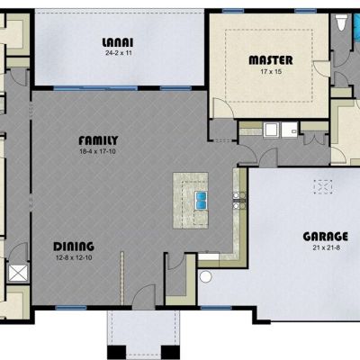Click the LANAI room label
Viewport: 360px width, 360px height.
tap(118, 42)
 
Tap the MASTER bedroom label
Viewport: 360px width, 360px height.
tap(271, 60)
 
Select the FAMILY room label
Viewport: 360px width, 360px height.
tap(98, 140)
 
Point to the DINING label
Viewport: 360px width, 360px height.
tap(74, 247)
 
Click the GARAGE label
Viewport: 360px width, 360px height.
tap(326, 237)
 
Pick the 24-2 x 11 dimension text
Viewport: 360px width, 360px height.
tap(119, 53)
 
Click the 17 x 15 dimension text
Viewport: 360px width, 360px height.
tap(271, 72)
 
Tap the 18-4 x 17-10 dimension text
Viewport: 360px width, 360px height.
tap(97, 151)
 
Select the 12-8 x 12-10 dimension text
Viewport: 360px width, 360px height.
tap(74, 257)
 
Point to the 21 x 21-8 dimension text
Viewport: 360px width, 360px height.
tap(326, 248)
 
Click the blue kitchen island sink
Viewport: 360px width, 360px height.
tap(201, 201)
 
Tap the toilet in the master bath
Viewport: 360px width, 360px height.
tap(341, 22)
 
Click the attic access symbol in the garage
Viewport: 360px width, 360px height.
tap(323, 187)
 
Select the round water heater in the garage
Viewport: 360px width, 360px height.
tap(206, 276)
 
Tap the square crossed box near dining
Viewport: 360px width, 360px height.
tap(18, 273)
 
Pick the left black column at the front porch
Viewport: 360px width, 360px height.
tap(116, 352)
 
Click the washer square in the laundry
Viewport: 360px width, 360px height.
tap(272, 130)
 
